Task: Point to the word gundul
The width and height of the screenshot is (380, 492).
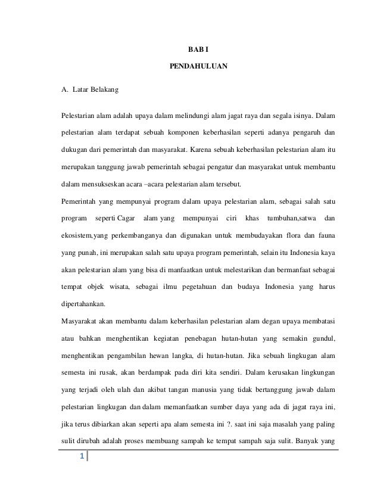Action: coord(323,340)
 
